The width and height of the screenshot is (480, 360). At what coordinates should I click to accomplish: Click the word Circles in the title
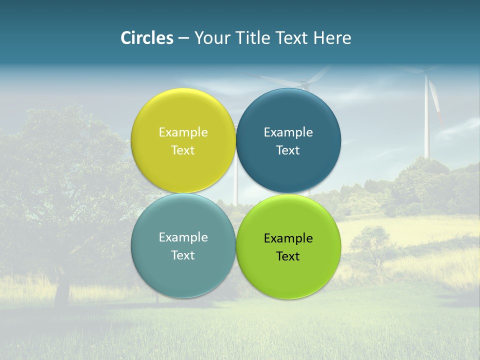[147, 38]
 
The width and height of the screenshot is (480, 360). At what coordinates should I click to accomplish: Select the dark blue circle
[288, 170]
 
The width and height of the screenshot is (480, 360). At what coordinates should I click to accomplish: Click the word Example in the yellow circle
[183, 132]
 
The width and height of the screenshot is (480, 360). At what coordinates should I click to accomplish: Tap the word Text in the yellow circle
[183, 150]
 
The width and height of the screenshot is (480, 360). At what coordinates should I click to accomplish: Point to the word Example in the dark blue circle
[288, 132]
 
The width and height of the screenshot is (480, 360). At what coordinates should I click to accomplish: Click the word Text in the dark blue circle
[288, 150]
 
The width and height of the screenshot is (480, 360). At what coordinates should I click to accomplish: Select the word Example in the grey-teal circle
[183, 237]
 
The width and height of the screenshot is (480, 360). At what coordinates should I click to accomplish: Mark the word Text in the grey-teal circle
[183, 255]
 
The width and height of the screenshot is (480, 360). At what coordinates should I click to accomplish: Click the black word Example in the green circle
[288, 238]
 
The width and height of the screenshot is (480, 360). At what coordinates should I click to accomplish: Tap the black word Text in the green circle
[288, 256]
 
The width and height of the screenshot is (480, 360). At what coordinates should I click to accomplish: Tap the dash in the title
[183, 38]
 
